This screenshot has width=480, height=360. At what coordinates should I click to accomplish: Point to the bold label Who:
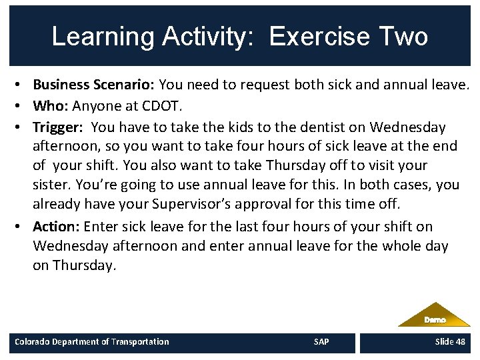(x=51, y=105)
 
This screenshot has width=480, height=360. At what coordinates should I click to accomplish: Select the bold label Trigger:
(x=59, y=127)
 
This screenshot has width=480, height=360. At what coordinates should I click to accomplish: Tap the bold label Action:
(x=56, y=226)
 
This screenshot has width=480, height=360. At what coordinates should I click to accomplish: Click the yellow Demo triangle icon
(x=435, y=316)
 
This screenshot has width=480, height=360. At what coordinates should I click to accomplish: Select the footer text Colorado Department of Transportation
(x=92, y=342)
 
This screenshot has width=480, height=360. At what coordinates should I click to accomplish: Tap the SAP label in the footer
(x=321, y=342)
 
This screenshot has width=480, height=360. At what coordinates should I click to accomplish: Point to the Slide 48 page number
(x=450, y=342)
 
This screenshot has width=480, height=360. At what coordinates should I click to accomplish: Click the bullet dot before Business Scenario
(x=22, y=85)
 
